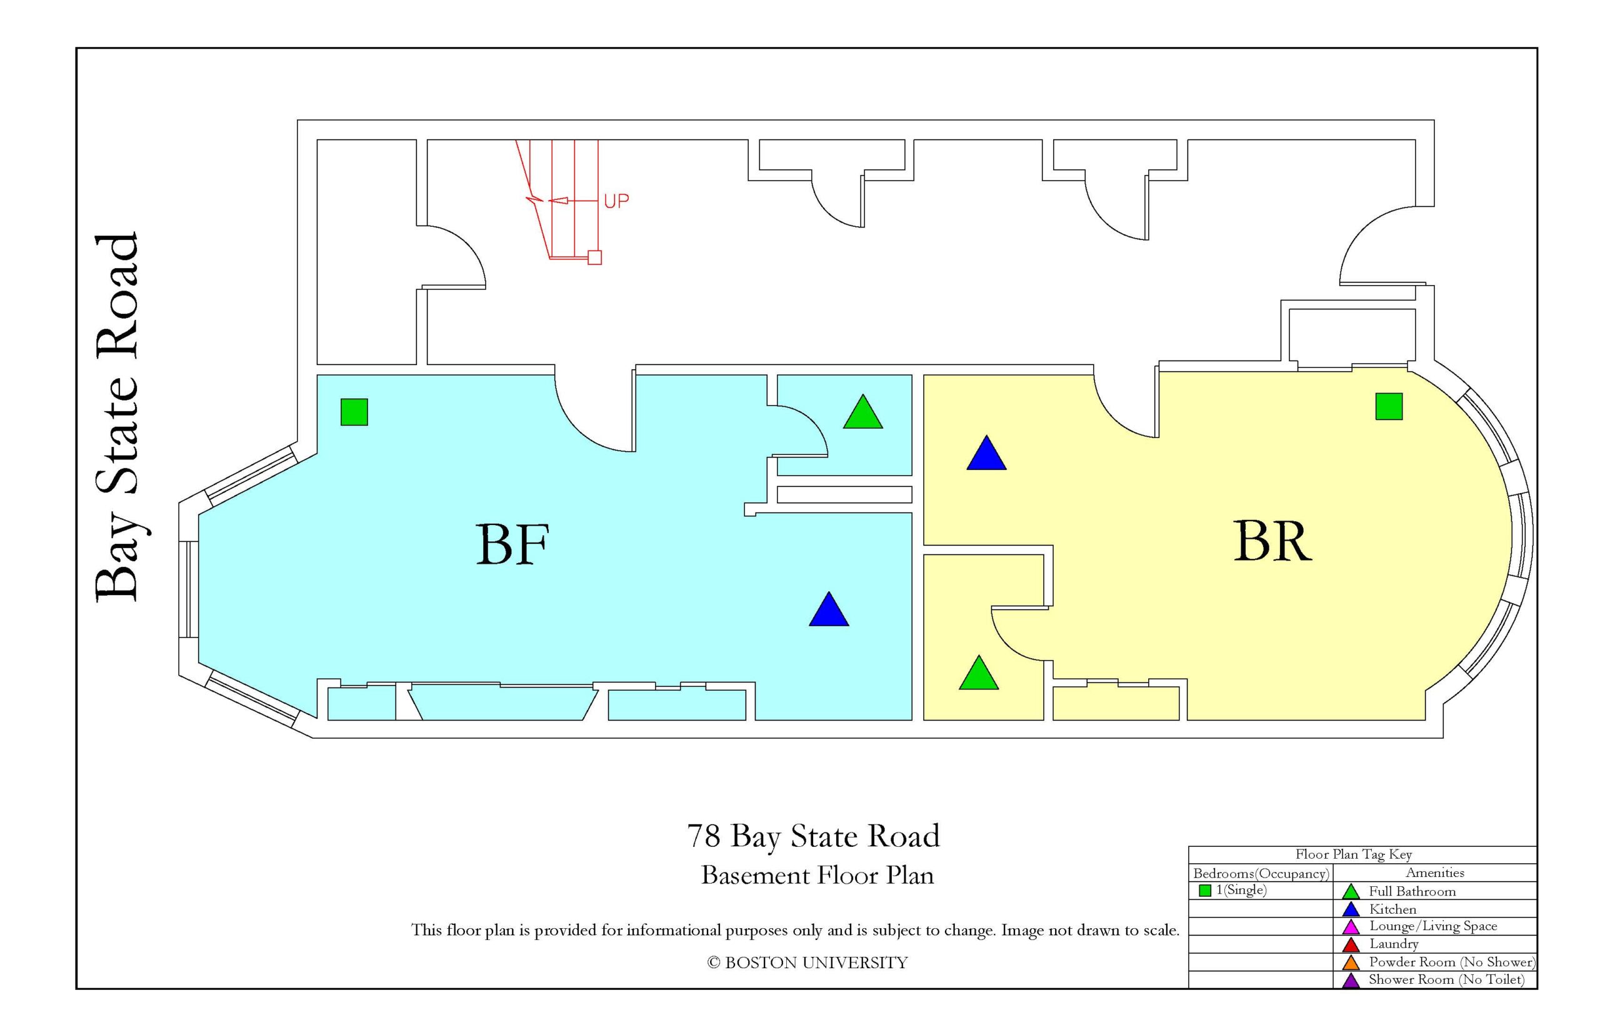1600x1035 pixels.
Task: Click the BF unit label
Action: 512,544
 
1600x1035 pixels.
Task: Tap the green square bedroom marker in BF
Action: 354,412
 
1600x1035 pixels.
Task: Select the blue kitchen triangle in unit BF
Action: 829,609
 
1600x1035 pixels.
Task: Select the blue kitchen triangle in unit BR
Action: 986,453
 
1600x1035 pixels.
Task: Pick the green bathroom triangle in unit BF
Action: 863,412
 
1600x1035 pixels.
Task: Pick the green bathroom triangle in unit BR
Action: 978,672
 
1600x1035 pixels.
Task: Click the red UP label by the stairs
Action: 616,201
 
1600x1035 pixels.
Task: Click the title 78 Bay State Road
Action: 813,836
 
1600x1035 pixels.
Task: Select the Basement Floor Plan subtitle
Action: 817,875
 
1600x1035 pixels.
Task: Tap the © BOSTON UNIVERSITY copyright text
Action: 807,963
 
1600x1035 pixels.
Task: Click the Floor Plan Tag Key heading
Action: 1353,854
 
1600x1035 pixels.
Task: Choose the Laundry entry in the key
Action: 1394,944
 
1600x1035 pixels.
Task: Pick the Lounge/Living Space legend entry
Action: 1433,926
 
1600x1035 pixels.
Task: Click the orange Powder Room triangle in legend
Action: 1351,962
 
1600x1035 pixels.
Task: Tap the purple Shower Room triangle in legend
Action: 1351,980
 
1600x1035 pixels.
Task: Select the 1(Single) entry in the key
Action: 1241,891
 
